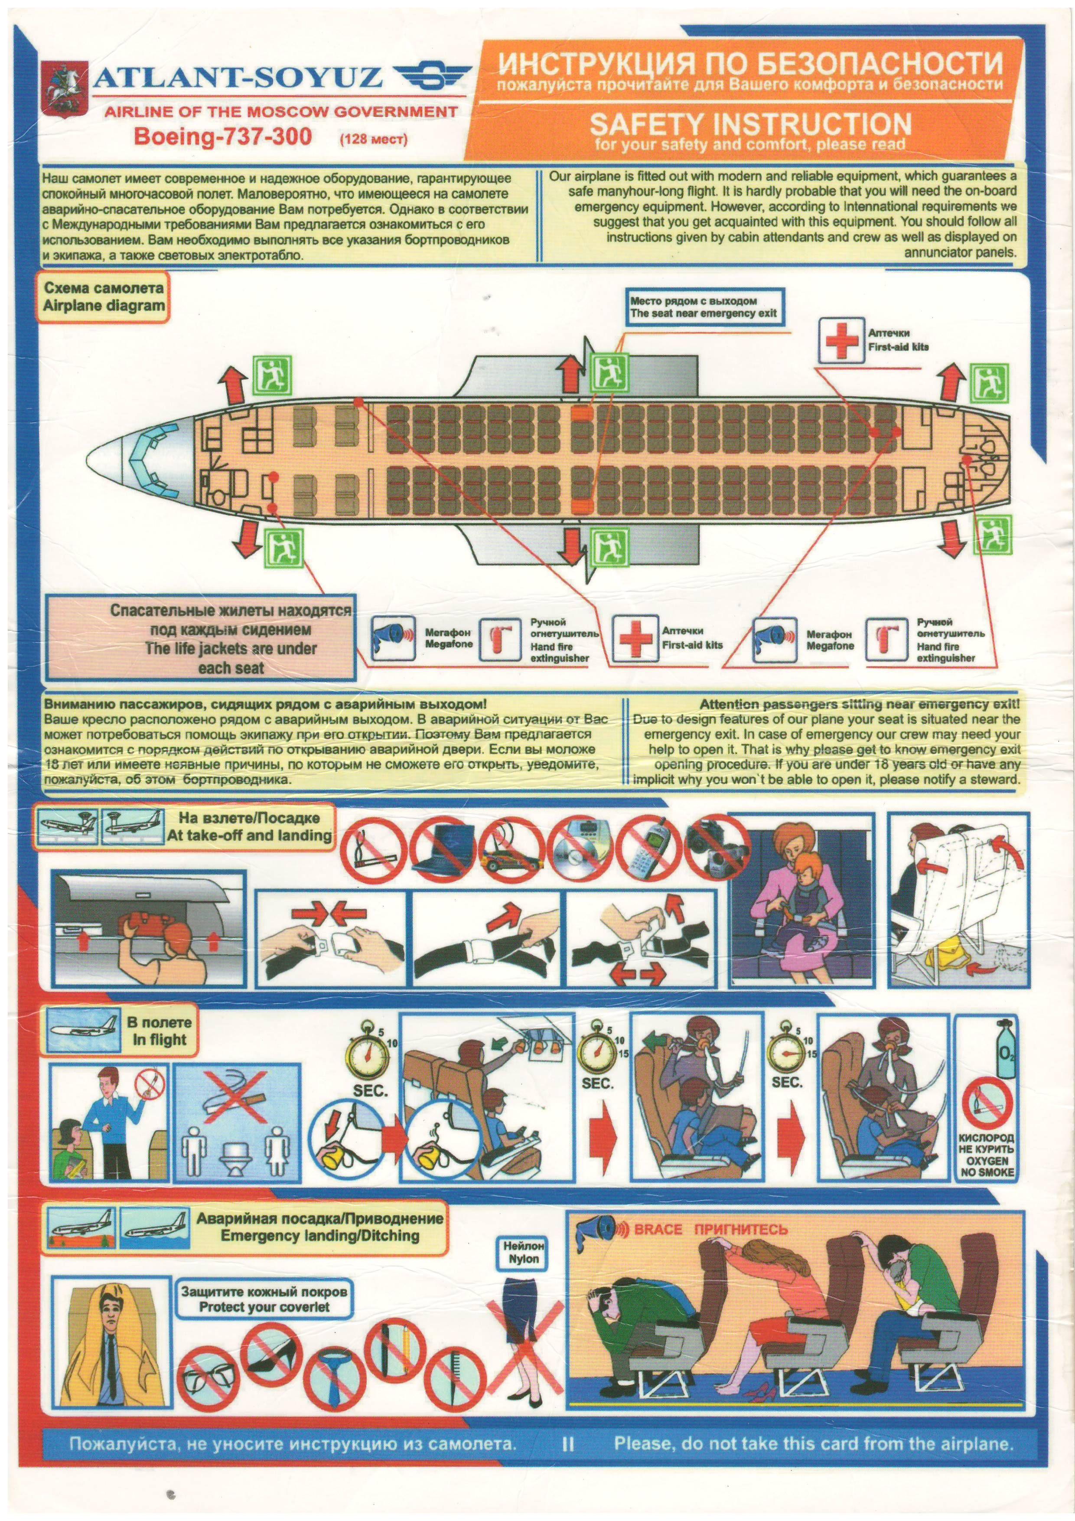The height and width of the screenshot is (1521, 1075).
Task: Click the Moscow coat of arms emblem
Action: tap(64, 91)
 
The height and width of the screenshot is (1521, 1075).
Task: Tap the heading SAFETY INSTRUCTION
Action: tap(750, 124)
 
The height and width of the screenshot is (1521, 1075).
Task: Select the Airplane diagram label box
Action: tap(104, 297)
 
